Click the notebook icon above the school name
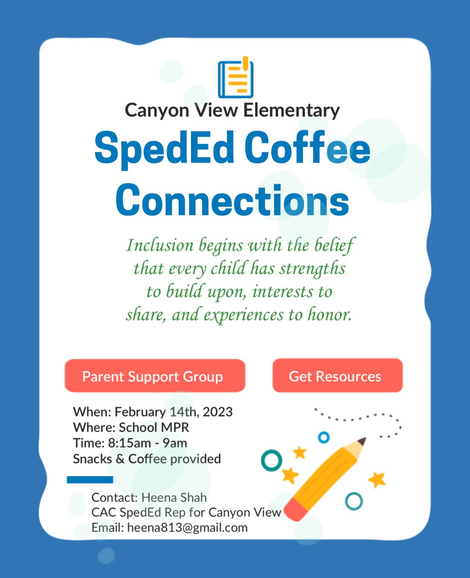(235, 78)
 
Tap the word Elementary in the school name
(291, 111)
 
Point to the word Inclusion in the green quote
(160, 246)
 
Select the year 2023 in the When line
(217, 412)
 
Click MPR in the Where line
(175, 427)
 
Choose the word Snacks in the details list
(92, 459)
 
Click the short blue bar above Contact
(90, 480)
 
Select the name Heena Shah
(174, 497)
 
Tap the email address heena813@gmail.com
(187, 527)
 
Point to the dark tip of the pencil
(363, 441)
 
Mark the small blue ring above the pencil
(324, 437)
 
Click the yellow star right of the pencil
(377, 480)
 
